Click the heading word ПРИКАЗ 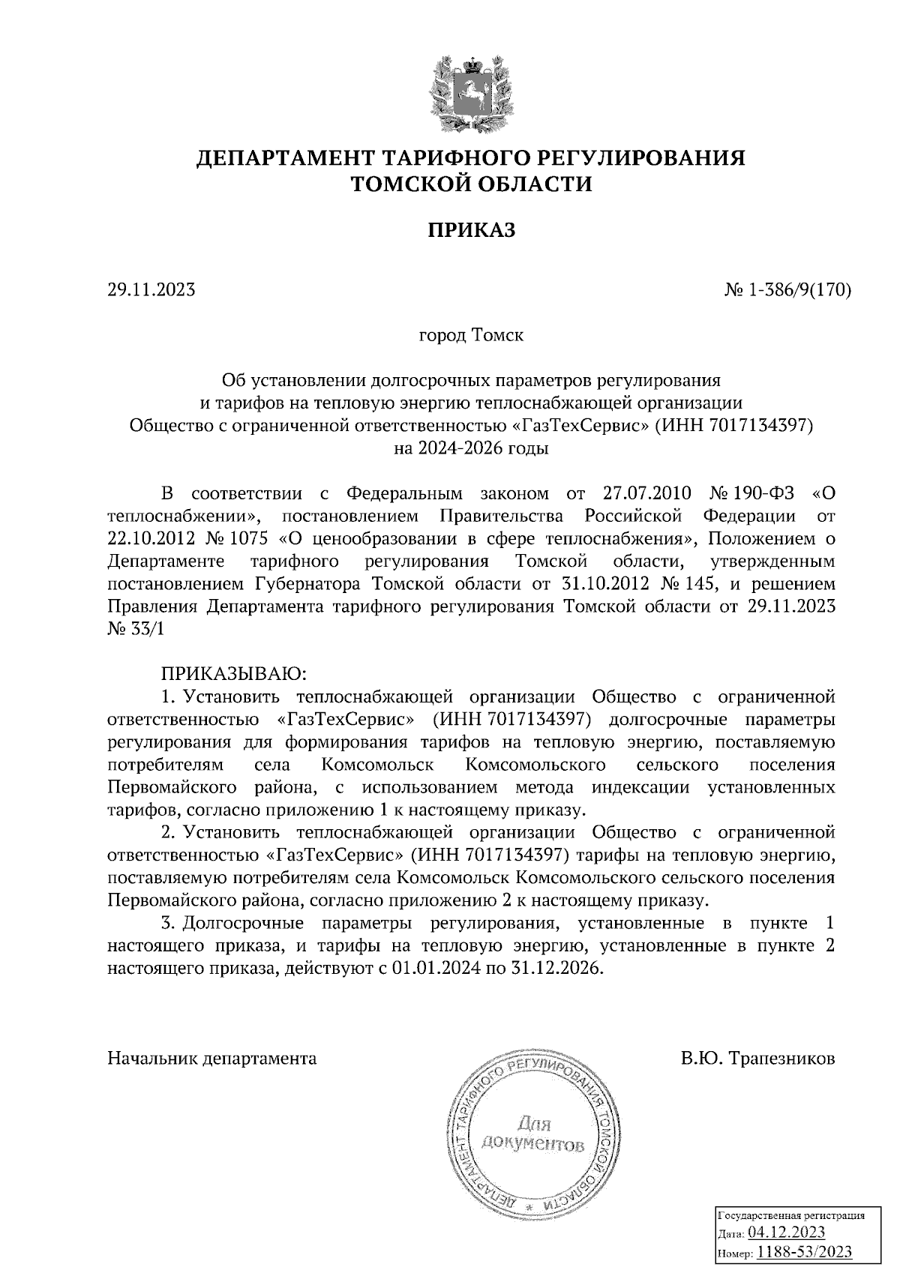471,230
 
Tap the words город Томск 470,334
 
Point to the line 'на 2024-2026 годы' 471,449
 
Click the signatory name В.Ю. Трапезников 757,1059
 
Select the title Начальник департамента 212,1059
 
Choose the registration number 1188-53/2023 804,1252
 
